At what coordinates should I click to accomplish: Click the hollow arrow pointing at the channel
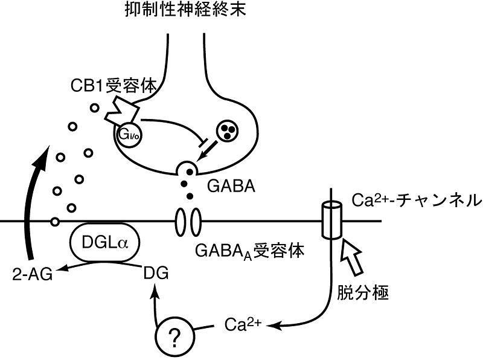tap(353, 257)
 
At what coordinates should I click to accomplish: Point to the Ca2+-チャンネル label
tap(417, 199)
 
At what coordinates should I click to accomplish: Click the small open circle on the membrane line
tap(55, 221)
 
